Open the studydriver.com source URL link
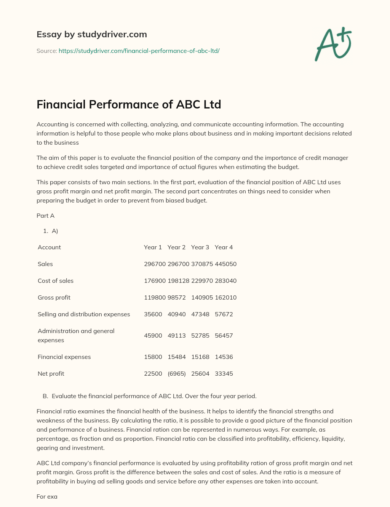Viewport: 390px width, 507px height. pyautogui.click(x=139, y=51)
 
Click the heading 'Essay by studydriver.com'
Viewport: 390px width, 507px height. pyautogui.click(x=92, y=34)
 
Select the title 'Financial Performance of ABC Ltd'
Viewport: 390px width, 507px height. pyautogui.click(x=129, y=104)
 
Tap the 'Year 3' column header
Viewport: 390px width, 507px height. pyautogui.click(x=200, y=247)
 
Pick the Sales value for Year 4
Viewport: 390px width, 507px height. pyautogui.click(x=225, y=264)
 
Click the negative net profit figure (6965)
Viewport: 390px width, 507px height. pyautogui.click(x=177, y=373)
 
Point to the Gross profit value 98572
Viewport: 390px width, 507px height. pyautogui.click(x=177, y=297)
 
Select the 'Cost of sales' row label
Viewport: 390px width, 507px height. pyautogui.click(x=56, y=281)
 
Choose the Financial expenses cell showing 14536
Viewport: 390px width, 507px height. pyautogui.click(x=224, y=357)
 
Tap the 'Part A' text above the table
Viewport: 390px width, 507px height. pyautogui.click(x=45, y=215)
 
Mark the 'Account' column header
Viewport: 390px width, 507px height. pyautogui.click(x=49, y=247)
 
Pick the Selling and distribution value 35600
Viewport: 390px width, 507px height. pyautogui.click(x=153, y=314)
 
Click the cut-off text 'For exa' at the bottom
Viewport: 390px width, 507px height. pyautogui.click(x=47, y=496)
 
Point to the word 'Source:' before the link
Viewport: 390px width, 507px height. pyautogui.click(x=46, y=51)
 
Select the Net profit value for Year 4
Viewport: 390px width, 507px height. pyautogui.click(x=224, y=373)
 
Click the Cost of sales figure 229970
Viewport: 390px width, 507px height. pyautogui.click(x=202, y=281)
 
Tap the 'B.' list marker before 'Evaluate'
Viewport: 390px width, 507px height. pyautogui.click(x=45, y=396)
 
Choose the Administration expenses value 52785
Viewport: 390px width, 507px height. pyautogui.click(x=200, y=335)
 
